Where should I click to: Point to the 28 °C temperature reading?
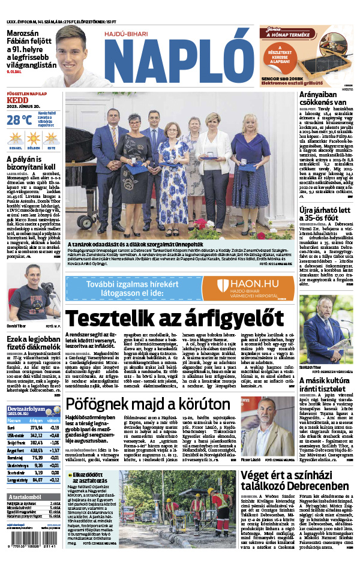click(x=20, y=119)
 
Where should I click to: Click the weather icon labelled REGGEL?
click(x=14, y=138)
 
